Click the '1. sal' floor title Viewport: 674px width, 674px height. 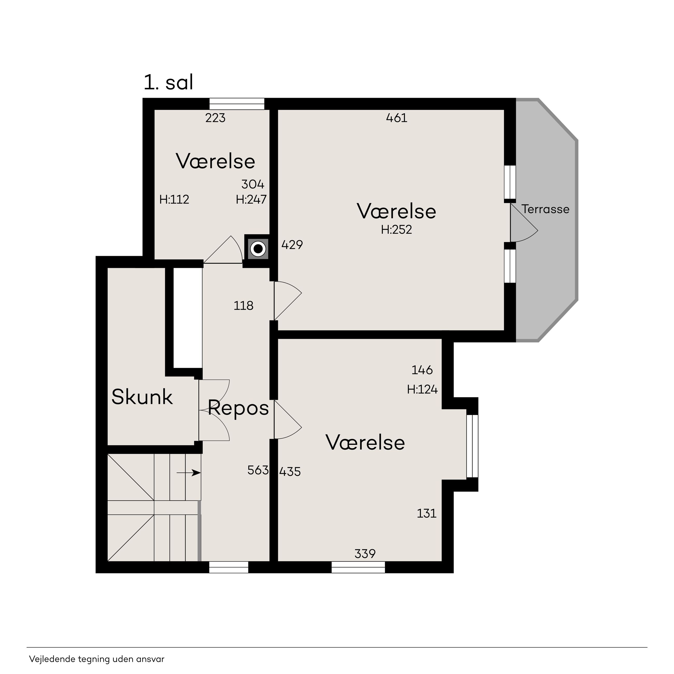click(168, 83)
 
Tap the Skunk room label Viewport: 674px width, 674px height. click(142, 397)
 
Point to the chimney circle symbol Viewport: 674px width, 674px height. click(258, 249)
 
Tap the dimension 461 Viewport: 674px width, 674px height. click(397, 118)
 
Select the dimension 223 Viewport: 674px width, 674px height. click(215, 118)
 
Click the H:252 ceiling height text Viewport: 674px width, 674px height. click(397, 230)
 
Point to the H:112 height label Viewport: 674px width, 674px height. click(174, 200)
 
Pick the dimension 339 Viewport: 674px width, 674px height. click(365, 554)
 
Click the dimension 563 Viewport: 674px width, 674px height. click(258, 470)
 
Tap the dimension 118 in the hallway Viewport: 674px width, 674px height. click(243, 306)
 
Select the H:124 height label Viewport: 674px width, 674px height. click(422, 389)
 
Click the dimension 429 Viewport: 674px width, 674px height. click(292, 245)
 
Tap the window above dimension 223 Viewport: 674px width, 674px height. click(237, 104)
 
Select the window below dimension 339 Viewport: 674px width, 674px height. click(358, 567)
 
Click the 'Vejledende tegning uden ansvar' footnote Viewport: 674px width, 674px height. click(97, 659)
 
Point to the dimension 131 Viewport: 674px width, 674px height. click(427, 514)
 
